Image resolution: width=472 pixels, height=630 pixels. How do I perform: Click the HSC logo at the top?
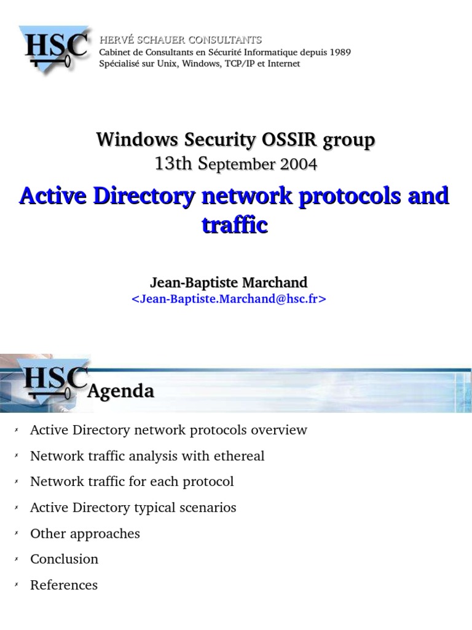coord(56,50)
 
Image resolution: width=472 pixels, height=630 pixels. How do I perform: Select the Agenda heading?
coord(120,391)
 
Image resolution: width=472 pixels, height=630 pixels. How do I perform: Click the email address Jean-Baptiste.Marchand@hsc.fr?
coord(229,299)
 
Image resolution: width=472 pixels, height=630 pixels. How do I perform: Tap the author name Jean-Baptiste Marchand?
coord(229,282)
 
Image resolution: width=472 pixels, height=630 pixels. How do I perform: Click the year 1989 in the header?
coord(340,52)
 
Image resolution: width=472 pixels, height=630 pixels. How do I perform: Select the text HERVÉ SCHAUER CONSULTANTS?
coord(181,40)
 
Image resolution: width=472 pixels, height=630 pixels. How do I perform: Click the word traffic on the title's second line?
coord(235,225)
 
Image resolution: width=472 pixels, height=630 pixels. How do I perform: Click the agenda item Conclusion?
coord(64,559)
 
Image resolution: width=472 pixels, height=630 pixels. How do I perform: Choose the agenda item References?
coord(64,584)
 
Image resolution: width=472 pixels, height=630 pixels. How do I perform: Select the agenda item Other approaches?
coord(85,533)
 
